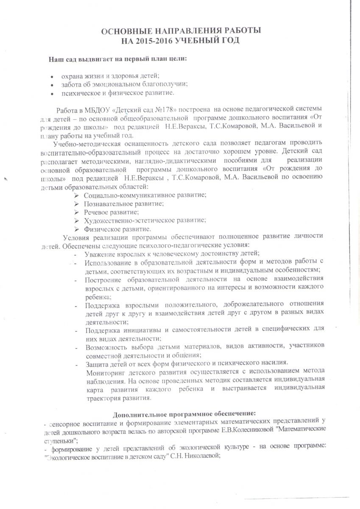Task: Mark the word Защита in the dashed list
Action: pos(96,364)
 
